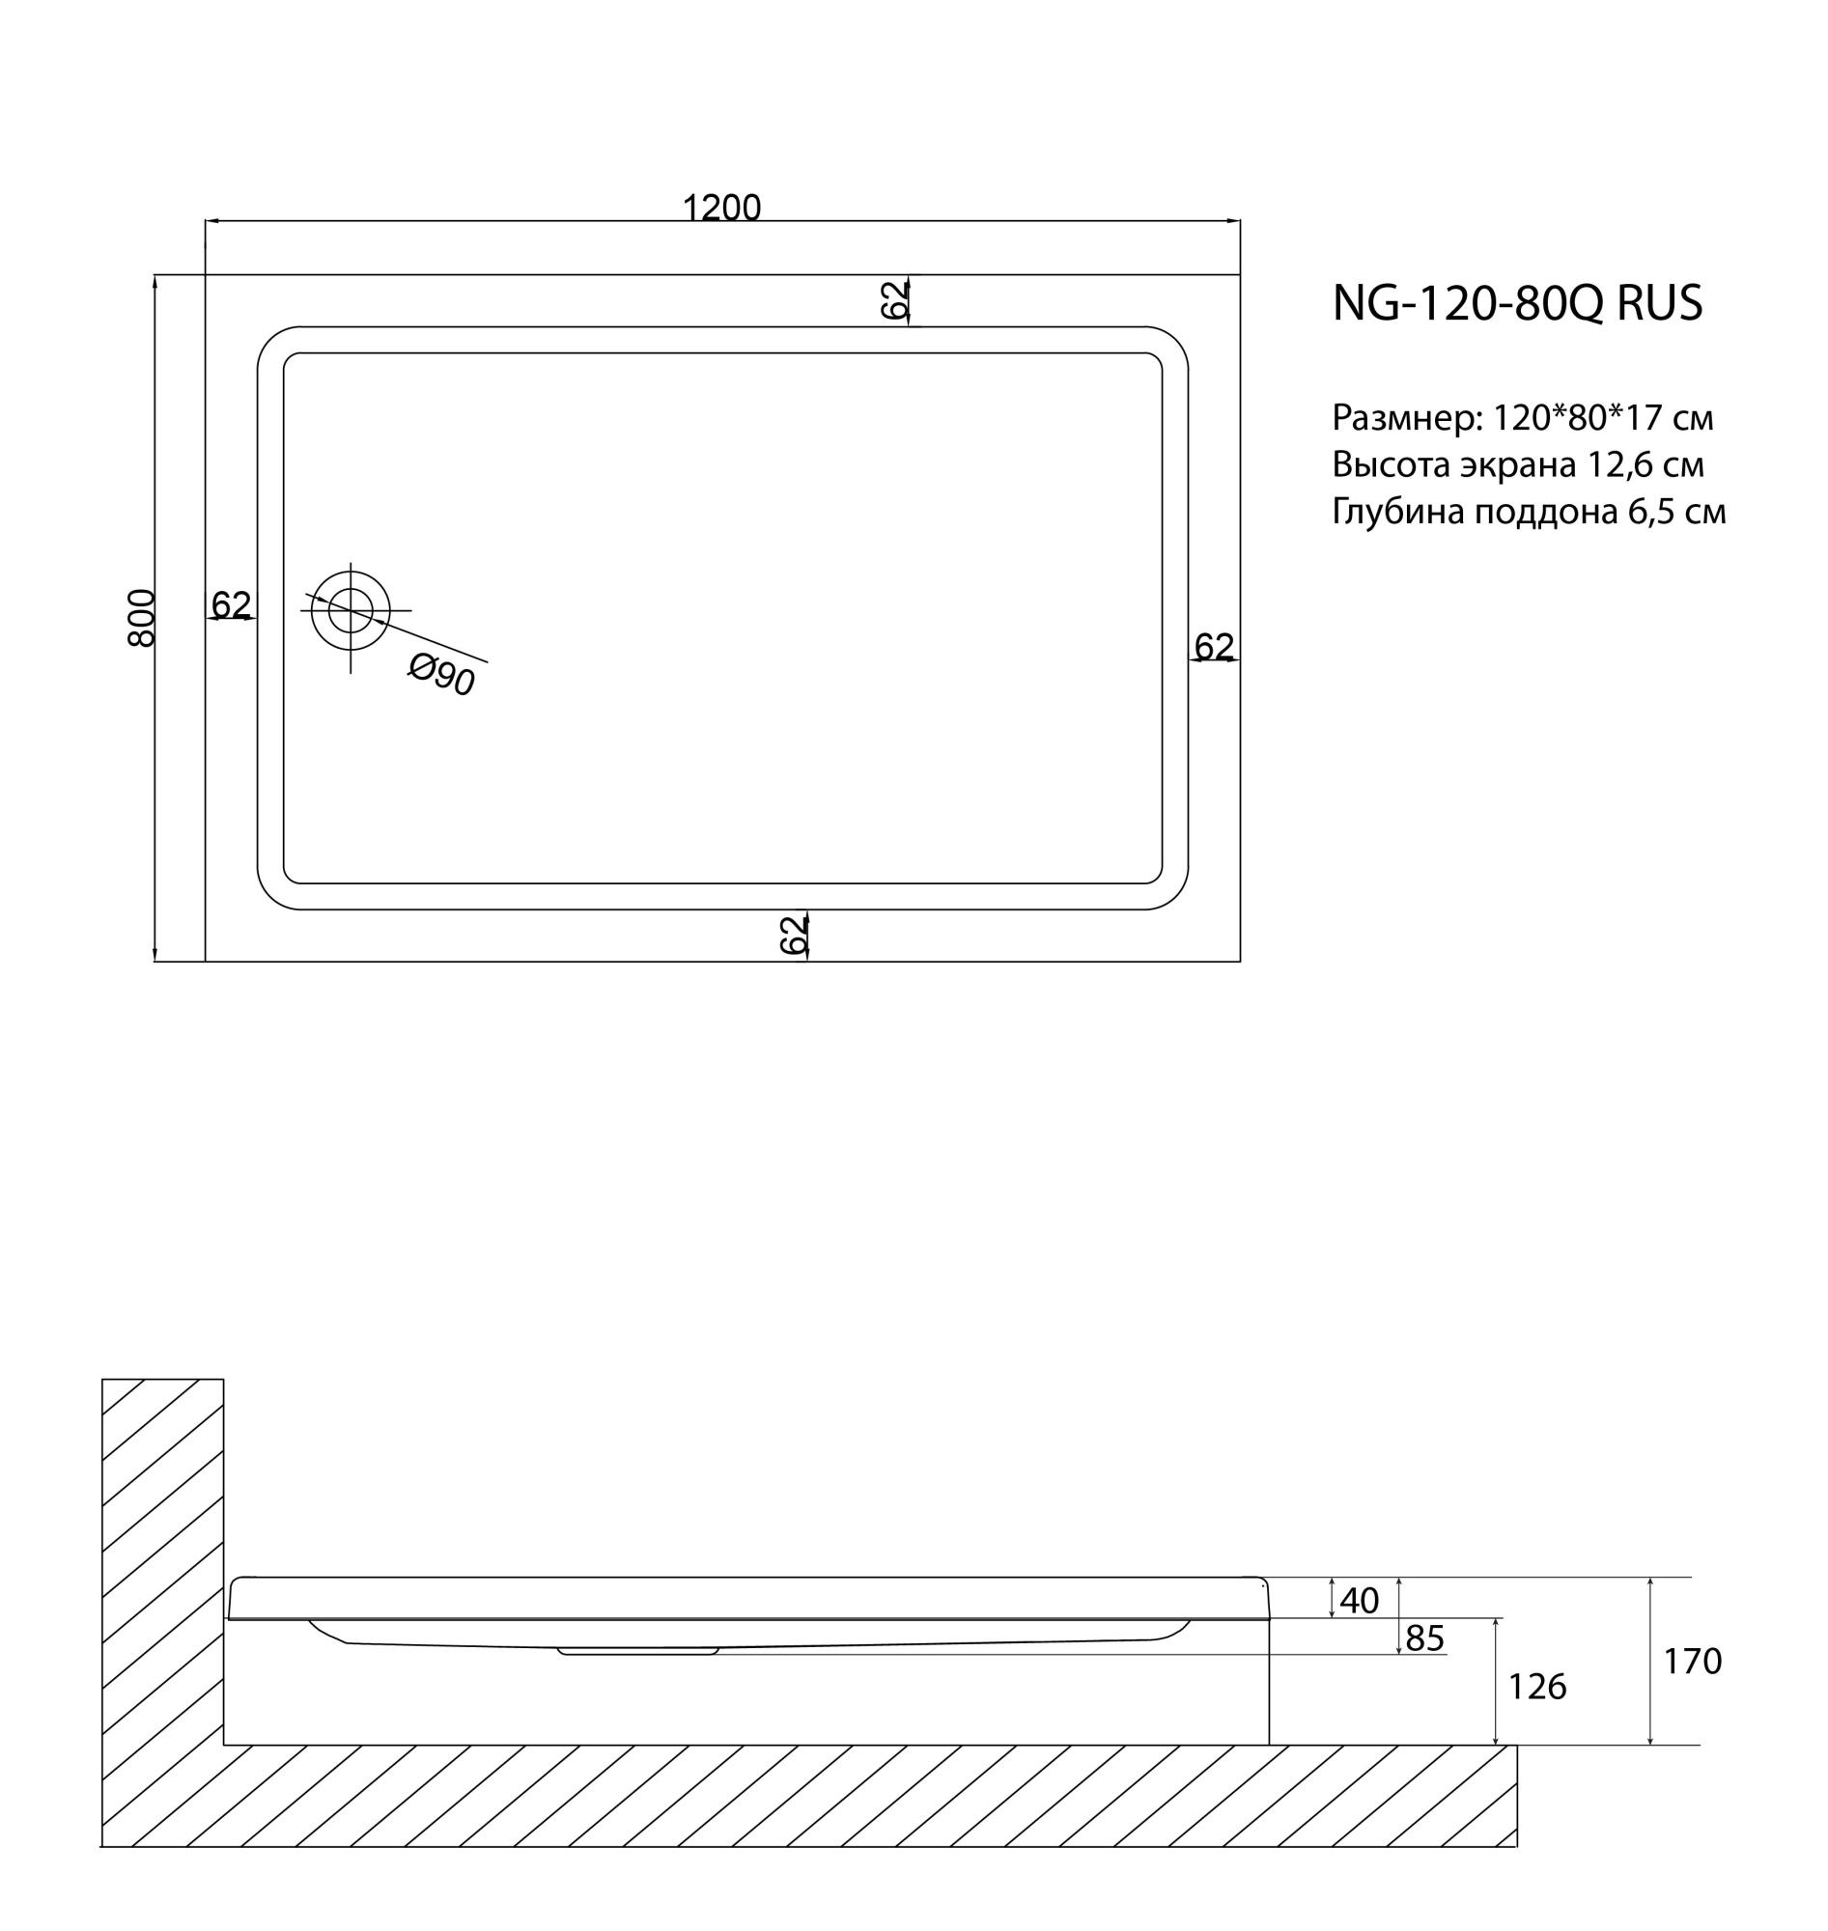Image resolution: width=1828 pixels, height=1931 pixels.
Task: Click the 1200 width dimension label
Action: point(721,208)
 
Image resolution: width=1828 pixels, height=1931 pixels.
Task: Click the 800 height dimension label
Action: point(142,618)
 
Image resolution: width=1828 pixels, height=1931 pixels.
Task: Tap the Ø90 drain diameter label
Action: point(442,674)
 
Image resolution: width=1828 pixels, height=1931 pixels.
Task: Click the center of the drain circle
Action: point(351,611)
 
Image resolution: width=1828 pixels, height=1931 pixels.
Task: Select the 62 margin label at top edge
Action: point(894,300)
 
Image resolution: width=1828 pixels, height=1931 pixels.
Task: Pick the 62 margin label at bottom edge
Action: point(794,935)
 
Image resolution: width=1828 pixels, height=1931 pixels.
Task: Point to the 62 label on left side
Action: point(231,605)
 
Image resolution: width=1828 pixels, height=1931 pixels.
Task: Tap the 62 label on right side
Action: point(1214,646)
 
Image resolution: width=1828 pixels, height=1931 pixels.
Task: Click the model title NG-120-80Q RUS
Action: point(1517,303)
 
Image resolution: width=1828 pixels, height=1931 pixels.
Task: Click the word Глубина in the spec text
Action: point(1398,512)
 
